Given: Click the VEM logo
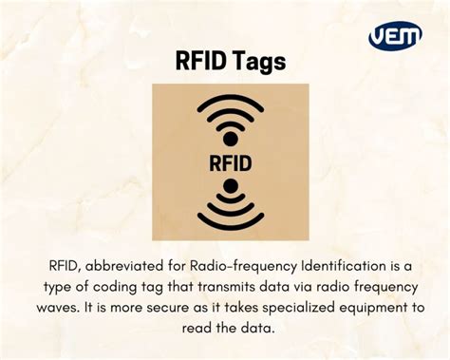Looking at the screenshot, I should click(395, 36).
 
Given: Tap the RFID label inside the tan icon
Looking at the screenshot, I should click(230, 162).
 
